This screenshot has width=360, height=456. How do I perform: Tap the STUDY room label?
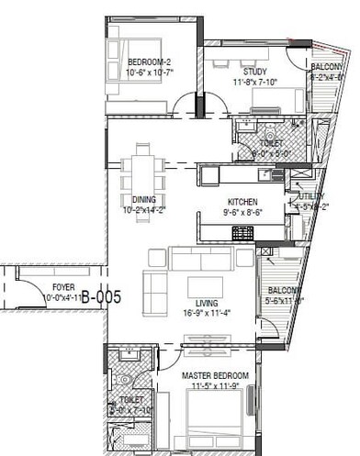click(254, 72)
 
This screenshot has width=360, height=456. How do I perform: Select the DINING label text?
click(143, 199)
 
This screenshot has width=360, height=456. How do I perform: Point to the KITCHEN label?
click(242, 202)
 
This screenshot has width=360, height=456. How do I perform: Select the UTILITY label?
click(309, 197)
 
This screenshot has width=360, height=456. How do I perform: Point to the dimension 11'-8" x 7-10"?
click(254, 82)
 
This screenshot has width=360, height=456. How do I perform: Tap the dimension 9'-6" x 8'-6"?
click(242, 212)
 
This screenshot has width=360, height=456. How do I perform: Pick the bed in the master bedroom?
click(216, 427)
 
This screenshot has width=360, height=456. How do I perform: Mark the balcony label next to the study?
click(326, 67)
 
